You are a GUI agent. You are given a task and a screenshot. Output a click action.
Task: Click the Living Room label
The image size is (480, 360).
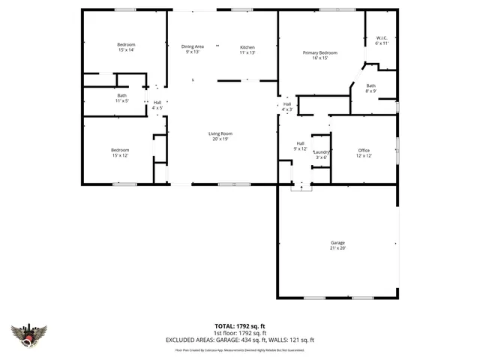220,136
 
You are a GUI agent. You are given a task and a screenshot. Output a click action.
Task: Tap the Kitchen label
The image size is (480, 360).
247,49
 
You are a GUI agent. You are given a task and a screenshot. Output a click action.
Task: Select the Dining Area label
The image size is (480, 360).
193,49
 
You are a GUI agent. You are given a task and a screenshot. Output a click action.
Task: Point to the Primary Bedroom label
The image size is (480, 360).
320,55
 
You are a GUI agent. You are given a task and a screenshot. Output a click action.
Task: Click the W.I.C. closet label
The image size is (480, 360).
380,40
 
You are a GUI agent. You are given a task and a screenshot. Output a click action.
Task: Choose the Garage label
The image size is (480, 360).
337,245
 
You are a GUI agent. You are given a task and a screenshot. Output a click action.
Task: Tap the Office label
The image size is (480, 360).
364,153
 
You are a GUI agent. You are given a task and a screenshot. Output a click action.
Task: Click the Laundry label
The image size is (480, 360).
321,154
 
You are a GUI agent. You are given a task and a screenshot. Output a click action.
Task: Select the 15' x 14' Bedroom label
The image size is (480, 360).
125,46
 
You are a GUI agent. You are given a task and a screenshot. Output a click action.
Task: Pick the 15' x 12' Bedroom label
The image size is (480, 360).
120,153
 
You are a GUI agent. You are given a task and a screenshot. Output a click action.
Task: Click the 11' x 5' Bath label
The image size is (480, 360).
121,98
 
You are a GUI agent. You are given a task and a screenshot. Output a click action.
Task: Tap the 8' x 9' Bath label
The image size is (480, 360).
370,88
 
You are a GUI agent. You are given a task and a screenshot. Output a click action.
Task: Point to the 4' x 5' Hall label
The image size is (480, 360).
157,105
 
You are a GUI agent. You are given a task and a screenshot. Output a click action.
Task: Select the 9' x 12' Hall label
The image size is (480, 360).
300,145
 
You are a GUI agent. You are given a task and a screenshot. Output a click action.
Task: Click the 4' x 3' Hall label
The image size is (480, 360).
286,106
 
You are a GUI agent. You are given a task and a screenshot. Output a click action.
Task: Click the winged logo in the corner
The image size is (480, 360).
29,334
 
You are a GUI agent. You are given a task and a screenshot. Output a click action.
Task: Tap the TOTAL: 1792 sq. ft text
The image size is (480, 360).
240,326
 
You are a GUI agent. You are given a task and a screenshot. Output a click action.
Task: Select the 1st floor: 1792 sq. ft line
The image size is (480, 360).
240,333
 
